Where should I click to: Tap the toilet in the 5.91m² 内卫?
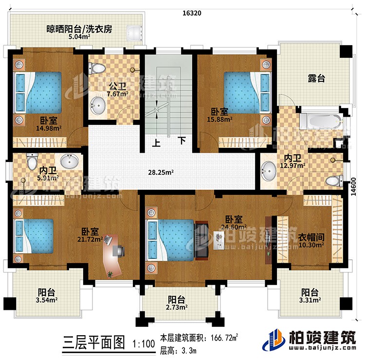point(33,161)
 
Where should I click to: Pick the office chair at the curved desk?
point(119,250)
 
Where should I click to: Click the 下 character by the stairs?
point(181,142)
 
